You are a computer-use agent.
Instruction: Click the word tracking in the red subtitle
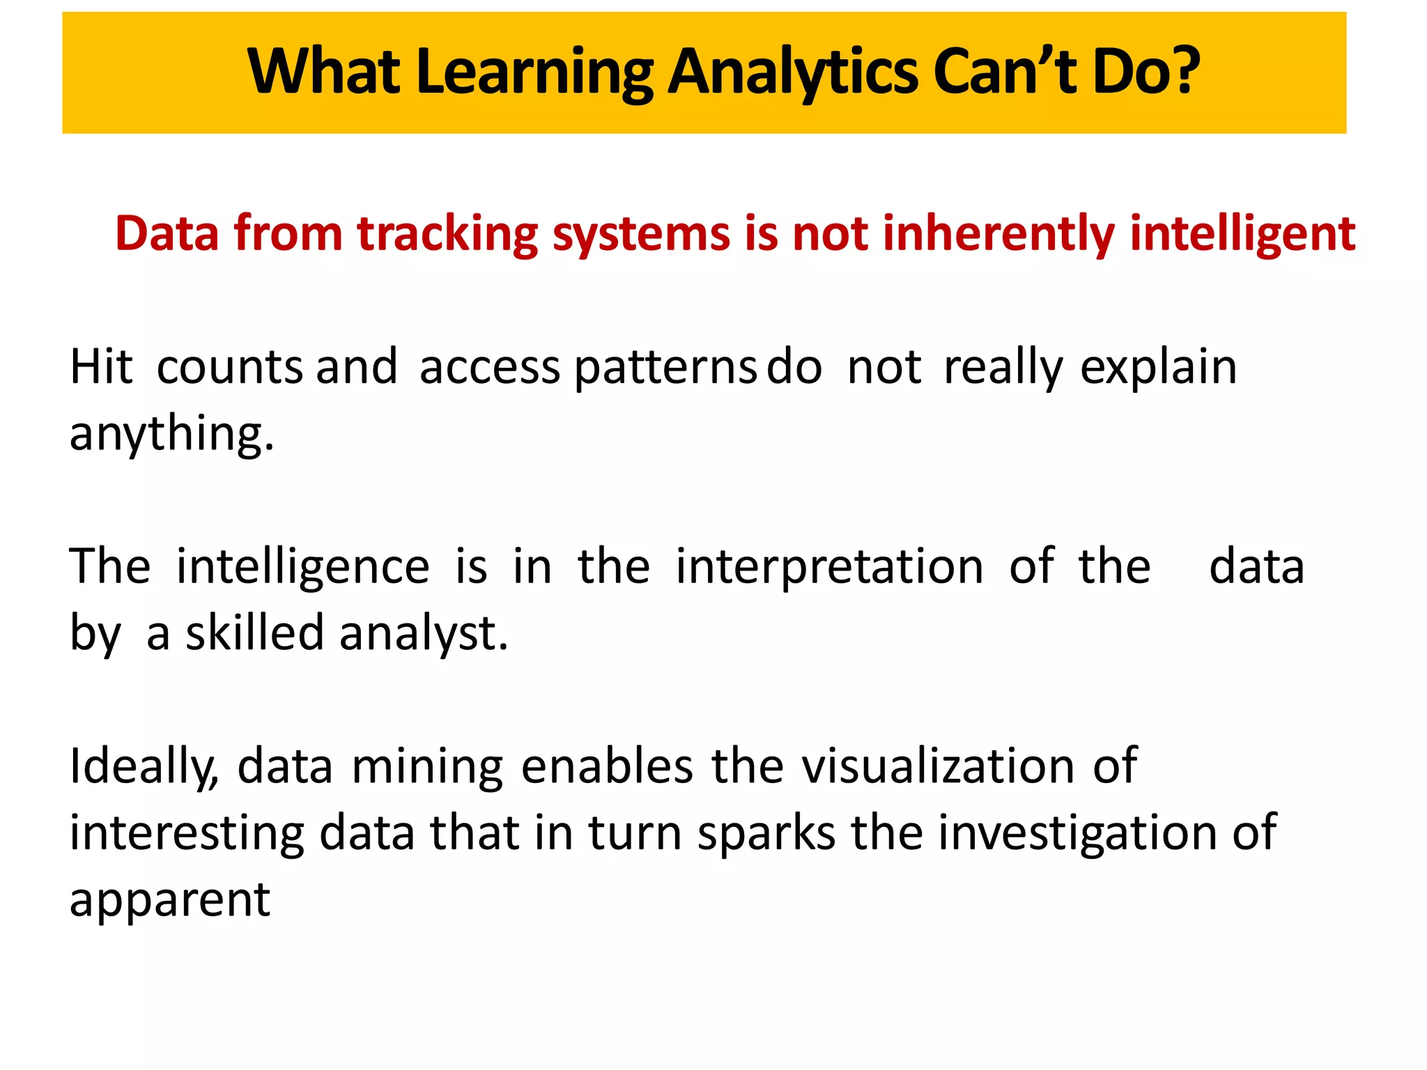pos(447,233)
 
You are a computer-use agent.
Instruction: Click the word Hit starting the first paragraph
pos(101,366)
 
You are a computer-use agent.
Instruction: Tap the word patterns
pos(665,368)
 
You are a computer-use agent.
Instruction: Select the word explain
pos(1159,366)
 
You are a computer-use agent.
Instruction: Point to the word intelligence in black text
pos(303,567)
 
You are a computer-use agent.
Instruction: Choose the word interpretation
pos(829,567)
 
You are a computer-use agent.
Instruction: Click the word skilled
pos(254,633)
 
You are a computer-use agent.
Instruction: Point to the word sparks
pos(766,833)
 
